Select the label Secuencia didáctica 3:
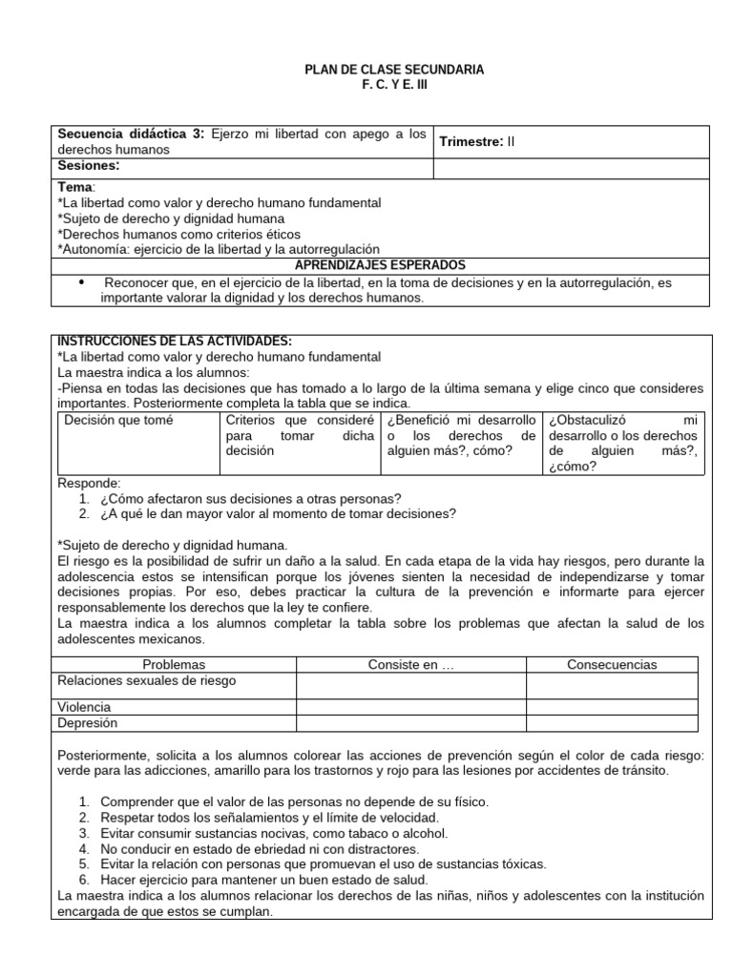131,135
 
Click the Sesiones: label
89,166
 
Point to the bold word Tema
75,187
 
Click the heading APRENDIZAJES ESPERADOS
380,264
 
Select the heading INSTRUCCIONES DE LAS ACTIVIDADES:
175,342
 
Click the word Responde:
90,483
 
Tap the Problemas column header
174,664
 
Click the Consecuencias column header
611,664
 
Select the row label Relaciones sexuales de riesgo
147,680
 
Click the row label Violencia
84,707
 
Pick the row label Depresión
88,722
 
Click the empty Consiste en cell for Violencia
410,707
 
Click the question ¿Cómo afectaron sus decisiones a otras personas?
250,498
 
